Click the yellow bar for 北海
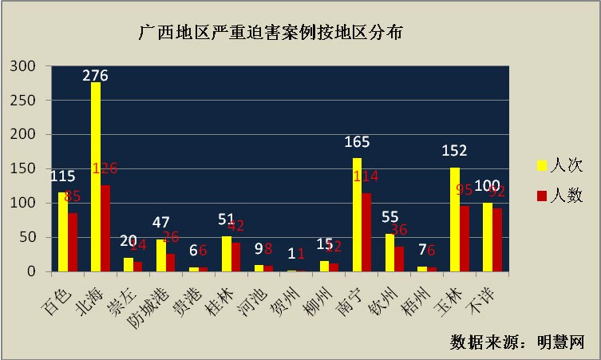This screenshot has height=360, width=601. click(x=96, y=177)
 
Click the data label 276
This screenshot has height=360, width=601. click(x=95, y=76)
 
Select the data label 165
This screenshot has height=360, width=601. click(x=357, y=142)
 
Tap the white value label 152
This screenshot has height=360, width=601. click(x=454, y=151)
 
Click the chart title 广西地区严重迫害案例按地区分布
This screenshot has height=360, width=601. click(x=271, y=34)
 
